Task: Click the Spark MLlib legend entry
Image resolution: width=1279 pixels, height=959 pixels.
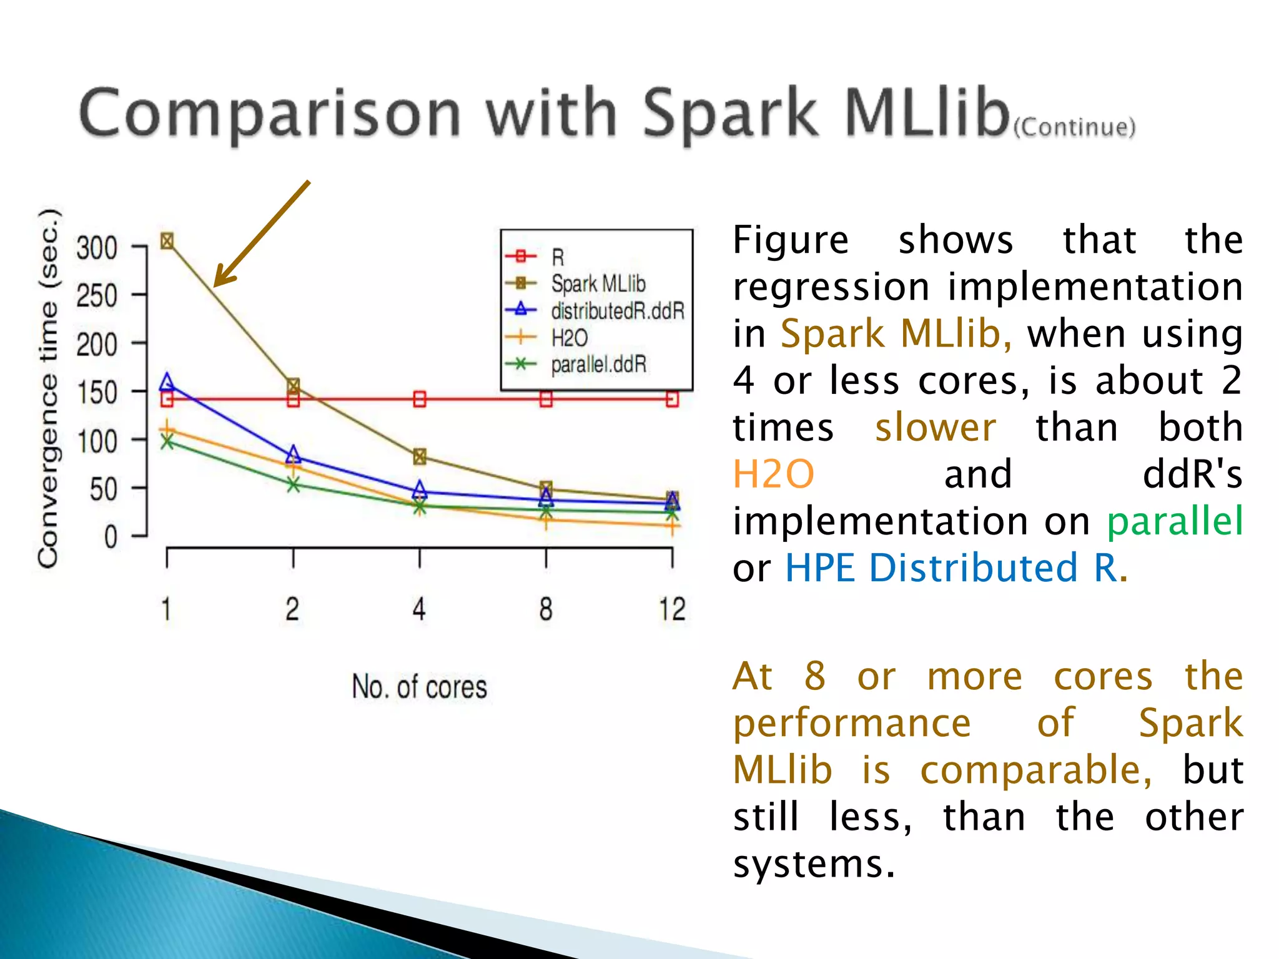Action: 598,284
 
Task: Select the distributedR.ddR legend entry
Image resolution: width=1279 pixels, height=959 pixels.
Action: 617,311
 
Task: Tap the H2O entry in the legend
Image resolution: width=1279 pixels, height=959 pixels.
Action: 569,338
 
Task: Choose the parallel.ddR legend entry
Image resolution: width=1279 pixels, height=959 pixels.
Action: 598,365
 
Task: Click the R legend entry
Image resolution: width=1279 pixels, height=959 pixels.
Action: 558,257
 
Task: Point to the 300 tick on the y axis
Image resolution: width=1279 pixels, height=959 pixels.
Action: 97,248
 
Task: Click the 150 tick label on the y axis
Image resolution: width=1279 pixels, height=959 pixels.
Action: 97,393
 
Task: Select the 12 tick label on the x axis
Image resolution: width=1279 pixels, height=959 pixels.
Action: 672,609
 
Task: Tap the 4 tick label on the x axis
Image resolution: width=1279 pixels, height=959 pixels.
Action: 419,609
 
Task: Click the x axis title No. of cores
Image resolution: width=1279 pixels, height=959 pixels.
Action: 419,687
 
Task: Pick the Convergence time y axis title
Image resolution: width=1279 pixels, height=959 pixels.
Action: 49,387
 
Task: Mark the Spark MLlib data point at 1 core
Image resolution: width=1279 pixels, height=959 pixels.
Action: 167,241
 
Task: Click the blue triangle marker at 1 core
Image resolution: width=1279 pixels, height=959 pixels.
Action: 167,381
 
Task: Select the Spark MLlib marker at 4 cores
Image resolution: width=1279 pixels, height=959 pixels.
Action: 420,456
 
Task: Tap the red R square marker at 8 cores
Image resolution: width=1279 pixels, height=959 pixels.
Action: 546,400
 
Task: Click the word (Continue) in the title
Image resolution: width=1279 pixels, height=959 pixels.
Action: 1074,127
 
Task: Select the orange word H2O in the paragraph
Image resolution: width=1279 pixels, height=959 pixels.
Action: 773,474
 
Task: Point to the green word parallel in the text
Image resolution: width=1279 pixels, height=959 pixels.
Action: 1175,521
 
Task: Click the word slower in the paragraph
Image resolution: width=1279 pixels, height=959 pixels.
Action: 935,428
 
